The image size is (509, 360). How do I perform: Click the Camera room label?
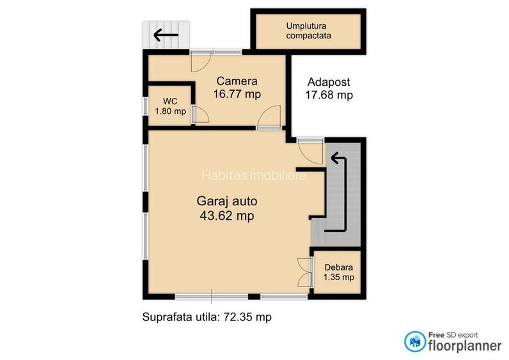237,81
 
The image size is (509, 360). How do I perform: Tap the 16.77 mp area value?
237,94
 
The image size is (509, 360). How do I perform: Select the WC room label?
169,101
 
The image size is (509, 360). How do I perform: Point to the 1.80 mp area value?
170,111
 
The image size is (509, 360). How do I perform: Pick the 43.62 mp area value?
226,216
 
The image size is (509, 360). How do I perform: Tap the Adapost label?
329,82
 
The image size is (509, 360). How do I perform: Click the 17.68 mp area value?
329,95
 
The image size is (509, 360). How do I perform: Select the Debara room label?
338,267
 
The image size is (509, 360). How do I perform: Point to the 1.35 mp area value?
338,278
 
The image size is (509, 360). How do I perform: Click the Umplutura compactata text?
309,31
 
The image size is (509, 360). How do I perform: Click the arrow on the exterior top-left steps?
166,35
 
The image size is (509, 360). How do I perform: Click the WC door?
200,114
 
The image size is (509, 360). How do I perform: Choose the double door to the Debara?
304,274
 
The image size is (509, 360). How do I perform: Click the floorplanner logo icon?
414,340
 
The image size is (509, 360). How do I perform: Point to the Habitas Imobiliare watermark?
254,175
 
